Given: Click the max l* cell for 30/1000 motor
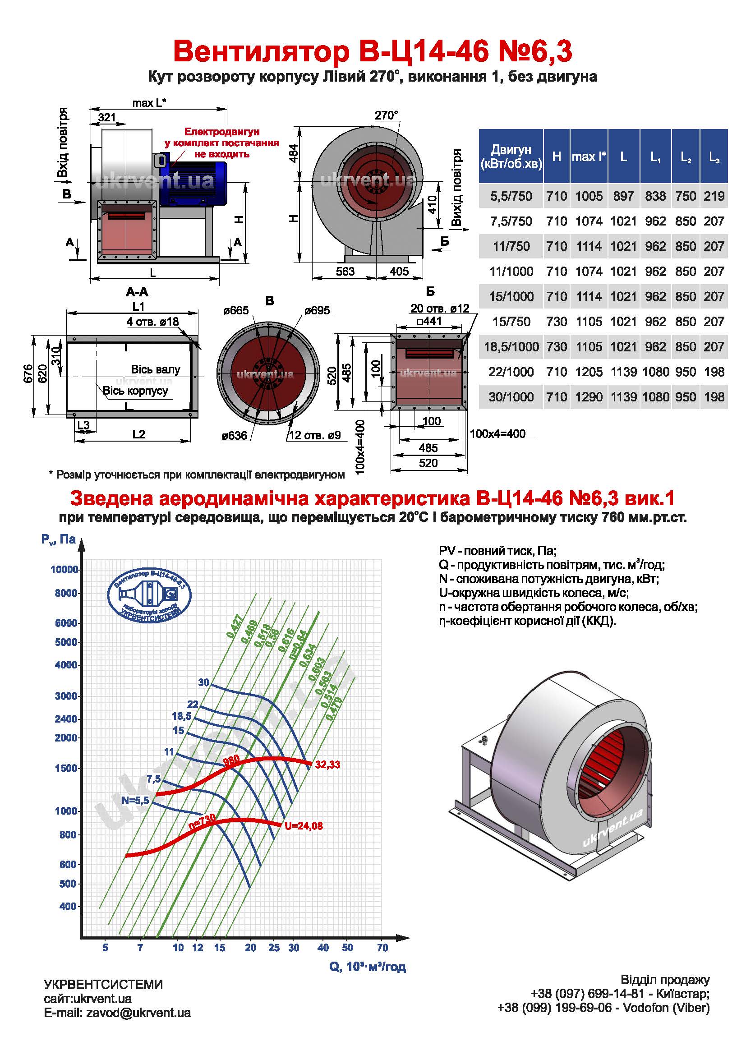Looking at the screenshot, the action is [589, 396].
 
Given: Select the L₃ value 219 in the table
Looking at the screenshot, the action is [714, 196].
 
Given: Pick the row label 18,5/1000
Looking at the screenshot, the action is [511, 346].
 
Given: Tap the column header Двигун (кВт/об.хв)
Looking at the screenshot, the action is [511, 156].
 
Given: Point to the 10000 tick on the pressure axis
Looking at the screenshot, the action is [64, 570].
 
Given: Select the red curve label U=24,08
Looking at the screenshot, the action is [304, 826].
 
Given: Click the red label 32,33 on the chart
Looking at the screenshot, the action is [327, 765].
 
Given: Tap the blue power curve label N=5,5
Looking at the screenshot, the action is [135, 801].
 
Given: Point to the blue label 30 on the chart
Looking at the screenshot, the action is [203, 682].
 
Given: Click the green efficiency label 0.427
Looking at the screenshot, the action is [234, 626].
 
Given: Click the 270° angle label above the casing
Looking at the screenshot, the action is [387, 115].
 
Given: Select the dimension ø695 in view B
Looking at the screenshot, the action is [317, 310].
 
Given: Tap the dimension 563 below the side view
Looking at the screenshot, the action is [345, 272].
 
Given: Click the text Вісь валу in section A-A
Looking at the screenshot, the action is [155, 369].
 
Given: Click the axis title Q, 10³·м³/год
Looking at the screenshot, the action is [368, 967].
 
